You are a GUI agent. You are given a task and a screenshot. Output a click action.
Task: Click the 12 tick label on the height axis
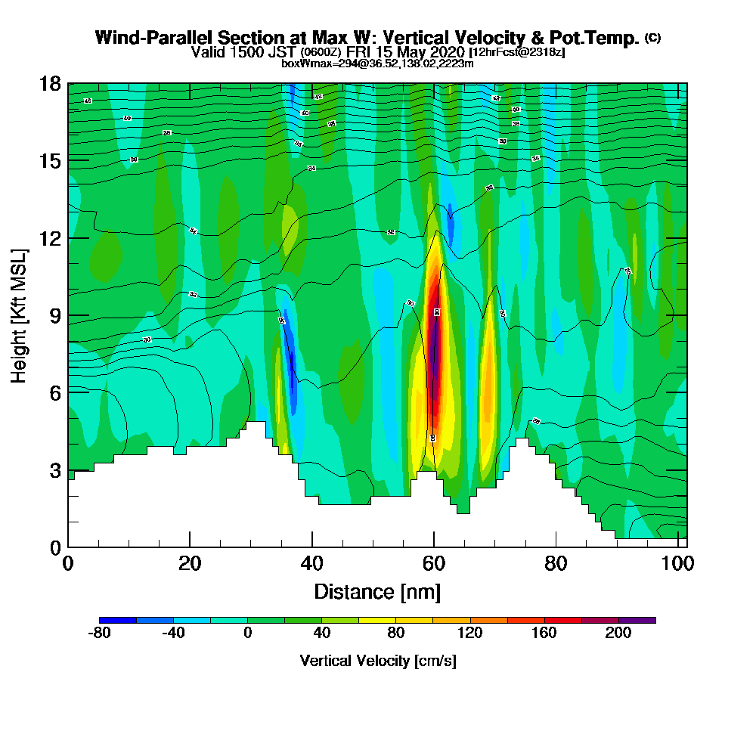[50, 238]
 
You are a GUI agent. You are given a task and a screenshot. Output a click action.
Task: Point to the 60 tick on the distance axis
[434, 547]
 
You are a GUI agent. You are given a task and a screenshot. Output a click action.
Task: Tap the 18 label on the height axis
[50, 84]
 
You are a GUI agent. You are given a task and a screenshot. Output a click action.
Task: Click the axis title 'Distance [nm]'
[377, 591]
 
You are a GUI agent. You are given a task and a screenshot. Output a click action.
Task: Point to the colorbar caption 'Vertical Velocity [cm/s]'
[378, 661]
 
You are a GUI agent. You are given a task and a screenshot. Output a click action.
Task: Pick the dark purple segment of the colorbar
[637, 620]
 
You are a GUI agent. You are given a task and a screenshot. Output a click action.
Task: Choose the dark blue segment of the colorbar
[119, 620]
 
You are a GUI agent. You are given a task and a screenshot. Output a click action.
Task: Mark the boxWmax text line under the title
[377, 64]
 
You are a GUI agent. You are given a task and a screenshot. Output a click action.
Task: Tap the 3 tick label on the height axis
[54, 469]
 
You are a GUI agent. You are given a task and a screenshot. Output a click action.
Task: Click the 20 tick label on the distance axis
[190, 564]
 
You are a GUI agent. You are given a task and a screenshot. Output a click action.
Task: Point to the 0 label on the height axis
[54, 547]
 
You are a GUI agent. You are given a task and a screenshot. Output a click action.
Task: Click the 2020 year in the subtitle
[447, 52]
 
